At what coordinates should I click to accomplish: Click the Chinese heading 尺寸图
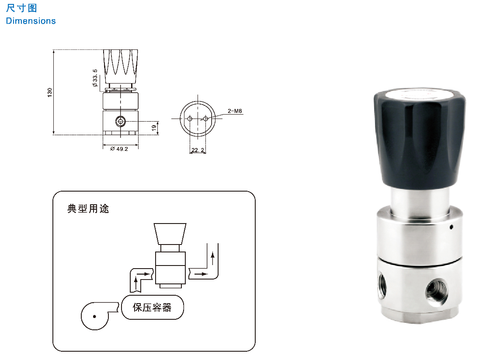tap(21, 8)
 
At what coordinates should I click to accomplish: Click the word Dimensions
tap(31, 21)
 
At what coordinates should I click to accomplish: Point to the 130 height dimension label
tap(50, 92)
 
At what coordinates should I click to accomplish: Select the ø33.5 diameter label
tap(95, 78)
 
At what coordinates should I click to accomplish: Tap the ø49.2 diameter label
tap(119, 149)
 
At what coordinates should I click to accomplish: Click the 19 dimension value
tap(154, 128)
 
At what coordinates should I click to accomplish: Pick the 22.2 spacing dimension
tap(198, 150)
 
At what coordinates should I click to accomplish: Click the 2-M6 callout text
tap(235, 111)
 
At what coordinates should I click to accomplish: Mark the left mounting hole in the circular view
tap(190, 119)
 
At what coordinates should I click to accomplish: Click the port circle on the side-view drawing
tap(121, 121)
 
